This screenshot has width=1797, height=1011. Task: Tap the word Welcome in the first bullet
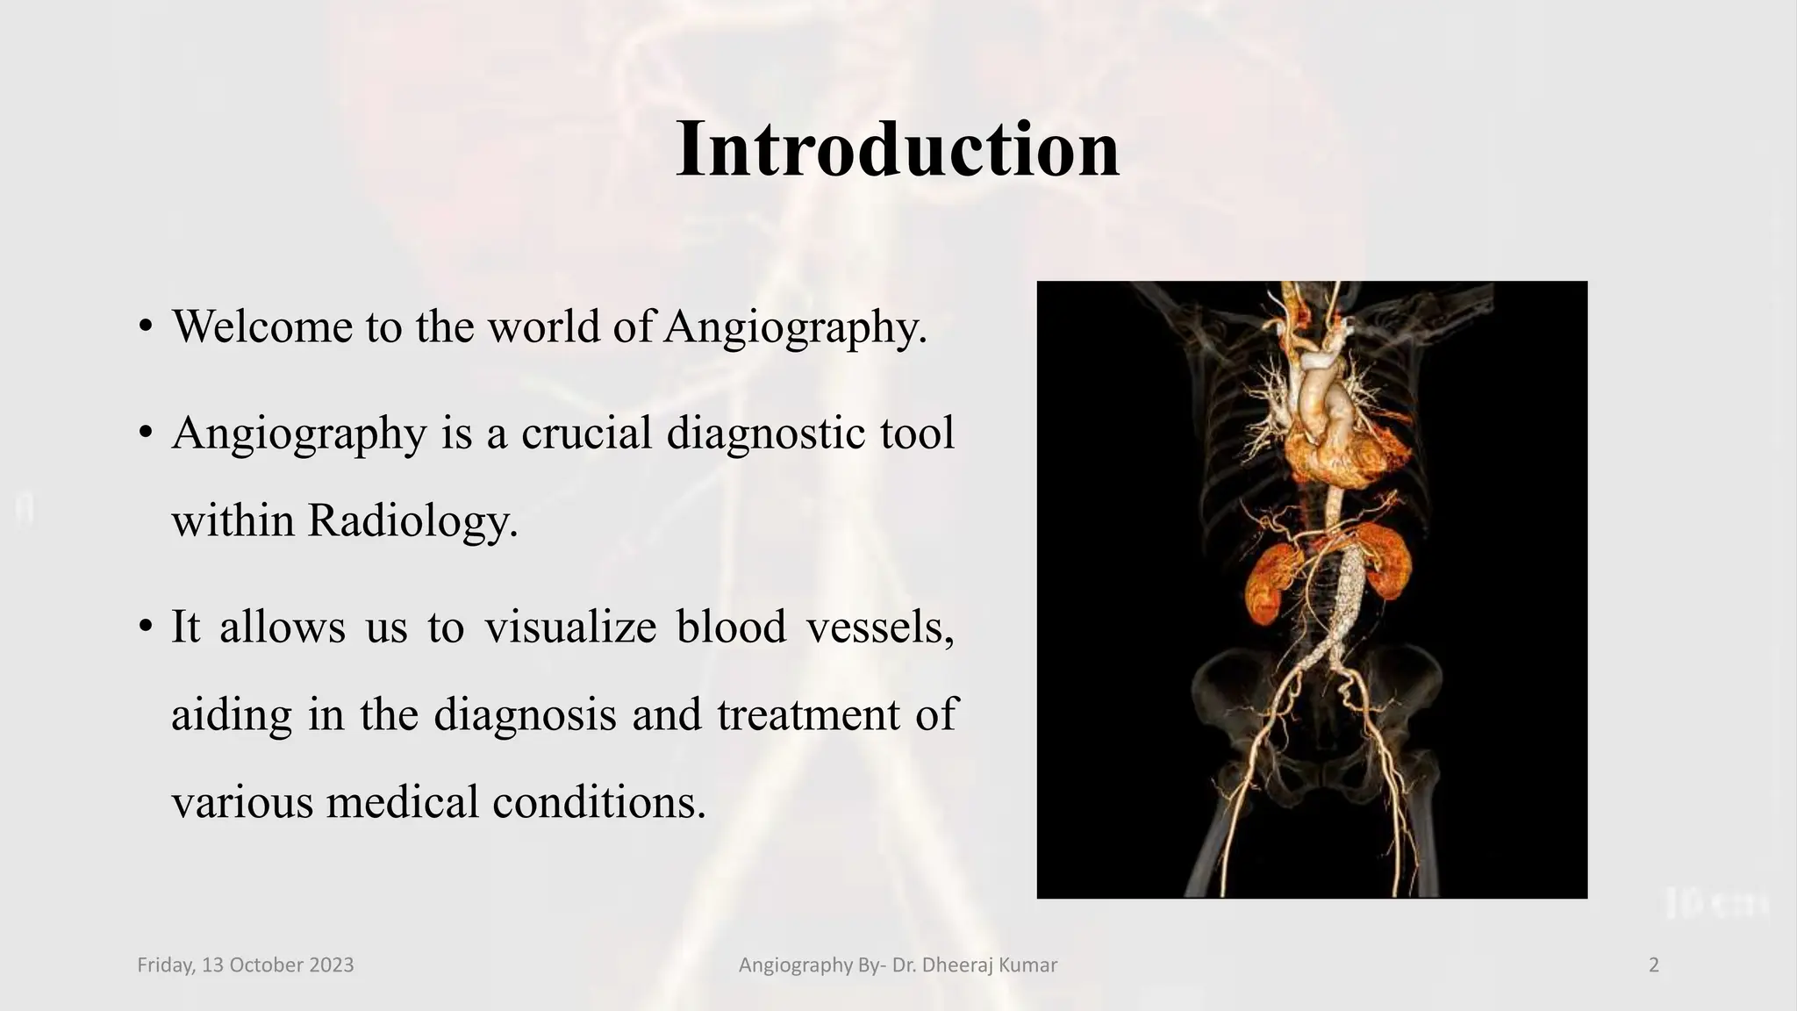(261, 326)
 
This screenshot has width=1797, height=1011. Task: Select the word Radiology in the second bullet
(412, 520)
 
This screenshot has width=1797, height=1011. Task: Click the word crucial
(586, 433)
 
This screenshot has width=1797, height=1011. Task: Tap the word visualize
(570, 627)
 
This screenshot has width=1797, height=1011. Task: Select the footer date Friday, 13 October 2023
(246, 965)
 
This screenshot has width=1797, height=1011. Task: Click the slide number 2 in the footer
(1654, 965)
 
